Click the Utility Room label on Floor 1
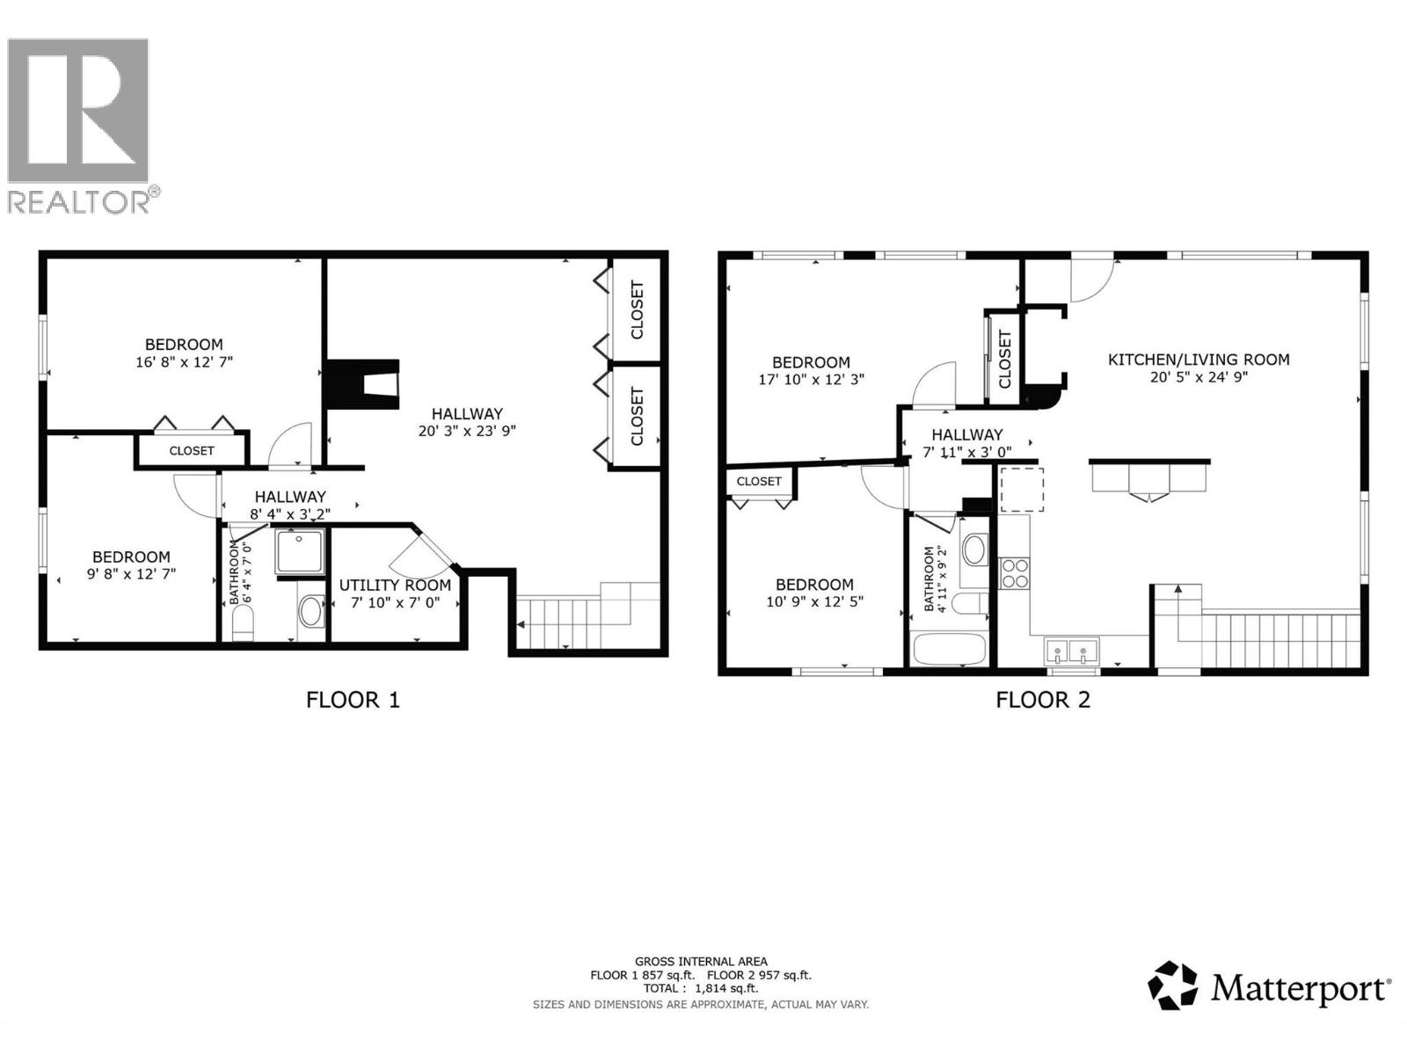click(x=395, y=585)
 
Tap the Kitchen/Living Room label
click(x=1198, y=360)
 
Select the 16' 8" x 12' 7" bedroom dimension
click(x=184, y=361)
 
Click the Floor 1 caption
click(x=353, y=700)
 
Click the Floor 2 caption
click(x=1042, y=700)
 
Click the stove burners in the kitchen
click(x=1015, y=573)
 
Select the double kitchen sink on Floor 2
click(x=1072, y=651)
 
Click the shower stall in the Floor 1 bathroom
click(x=301, y=551)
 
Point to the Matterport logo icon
click(x=1173, y=986)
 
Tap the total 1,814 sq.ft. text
click(x=701, y=988)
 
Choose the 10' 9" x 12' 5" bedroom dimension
click(x=814, y=602)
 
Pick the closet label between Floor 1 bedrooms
click(x=192, y=450)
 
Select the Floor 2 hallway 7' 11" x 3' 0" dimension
click(x=966, y=452)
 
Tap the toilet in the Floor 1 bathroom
click(x=243, y=625)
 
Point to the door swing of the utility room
click(x=421, y=553)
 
